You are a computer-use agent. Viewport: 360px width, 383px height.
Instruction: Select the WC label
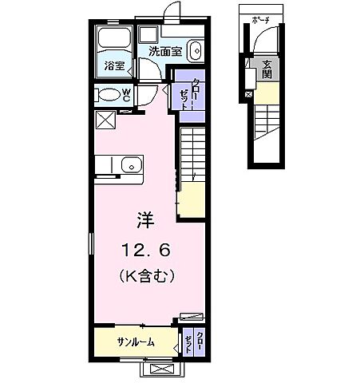coord(126,95)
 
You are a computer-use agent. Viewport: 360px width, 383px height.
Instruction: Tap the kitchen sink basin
coord(130,167)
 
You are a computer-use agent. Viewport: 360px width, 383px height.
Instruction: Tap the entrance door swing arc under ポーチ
coord(270,40)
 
